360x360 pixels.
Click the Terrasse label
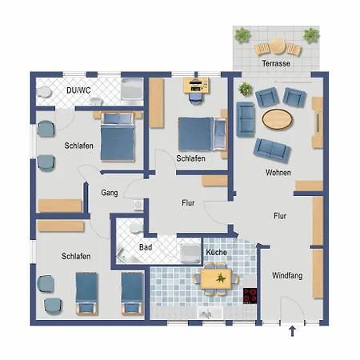(x=276, y=63)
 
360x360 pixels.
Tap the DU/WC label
(x=78, y=90)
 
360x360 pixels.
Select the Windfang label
(x=287, y=276)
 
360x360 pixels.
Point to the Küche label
(x=217, y=252)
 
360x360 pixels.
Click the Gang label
(x=110, y=193)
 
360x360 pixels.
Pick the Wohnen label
(x=278, y=173)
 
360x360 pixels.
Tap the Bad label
(x=146, y=247)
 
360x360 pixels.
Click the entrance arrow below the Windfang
(x=293, y=331)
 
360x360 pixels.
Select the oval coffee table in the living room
(x=277, y=119)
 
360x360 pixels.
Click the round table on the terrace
(x=278, y=46)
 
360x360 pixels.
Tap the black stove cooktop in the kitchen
(x=250, y=296)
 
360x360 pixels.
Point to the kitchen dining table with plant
(x=216, y=278)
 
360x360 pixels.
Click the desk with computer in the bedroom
(x=196, y=86)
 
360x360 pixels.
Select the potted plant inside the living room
(x=246, y=89)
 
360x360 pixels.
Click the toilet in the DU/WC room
(x=44, y=92)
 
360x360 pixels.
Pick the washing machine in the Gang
(x=138, y=205)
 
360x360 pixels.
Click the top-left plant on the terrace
(x=242, y=34)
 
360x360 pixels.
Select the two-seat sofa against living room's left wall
(x=246, y=119)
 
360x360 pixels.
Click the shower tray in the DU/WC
(x=132, y=89)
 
